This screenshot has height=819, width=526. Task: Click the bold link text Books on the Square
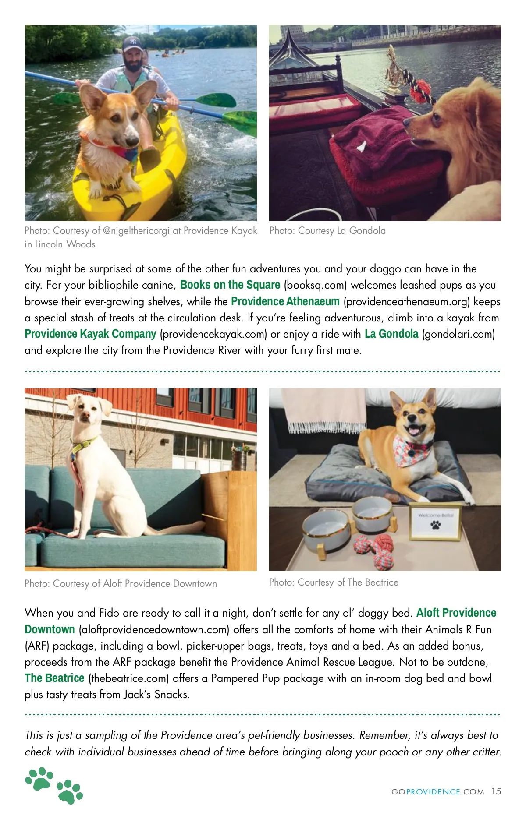pos(230,285)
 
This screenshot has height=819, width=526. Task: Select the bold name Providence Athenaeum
pos(285,301)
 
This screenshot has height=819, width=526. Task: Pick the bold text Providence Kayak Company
pos(90,334)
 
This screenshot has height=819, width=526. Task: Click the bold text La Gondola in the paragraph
pos(391,334)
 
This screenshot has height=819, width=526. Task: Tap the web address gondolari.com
pos(458,334)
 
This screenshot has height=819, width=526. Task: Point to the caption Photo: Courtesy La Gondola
pos(327,231)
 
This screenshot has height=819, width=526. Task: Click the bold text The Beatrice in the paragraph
pos(54,678)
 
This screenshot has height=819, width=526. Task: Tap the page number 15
pos(496,791)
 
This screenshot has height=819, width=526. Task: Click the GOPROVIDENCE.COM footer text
pos(437,792)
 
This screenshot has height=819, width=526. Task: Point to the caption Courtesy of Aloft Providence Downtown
pos(121,583)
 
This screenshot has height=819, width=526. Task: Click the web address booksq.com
pos(315,285)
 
